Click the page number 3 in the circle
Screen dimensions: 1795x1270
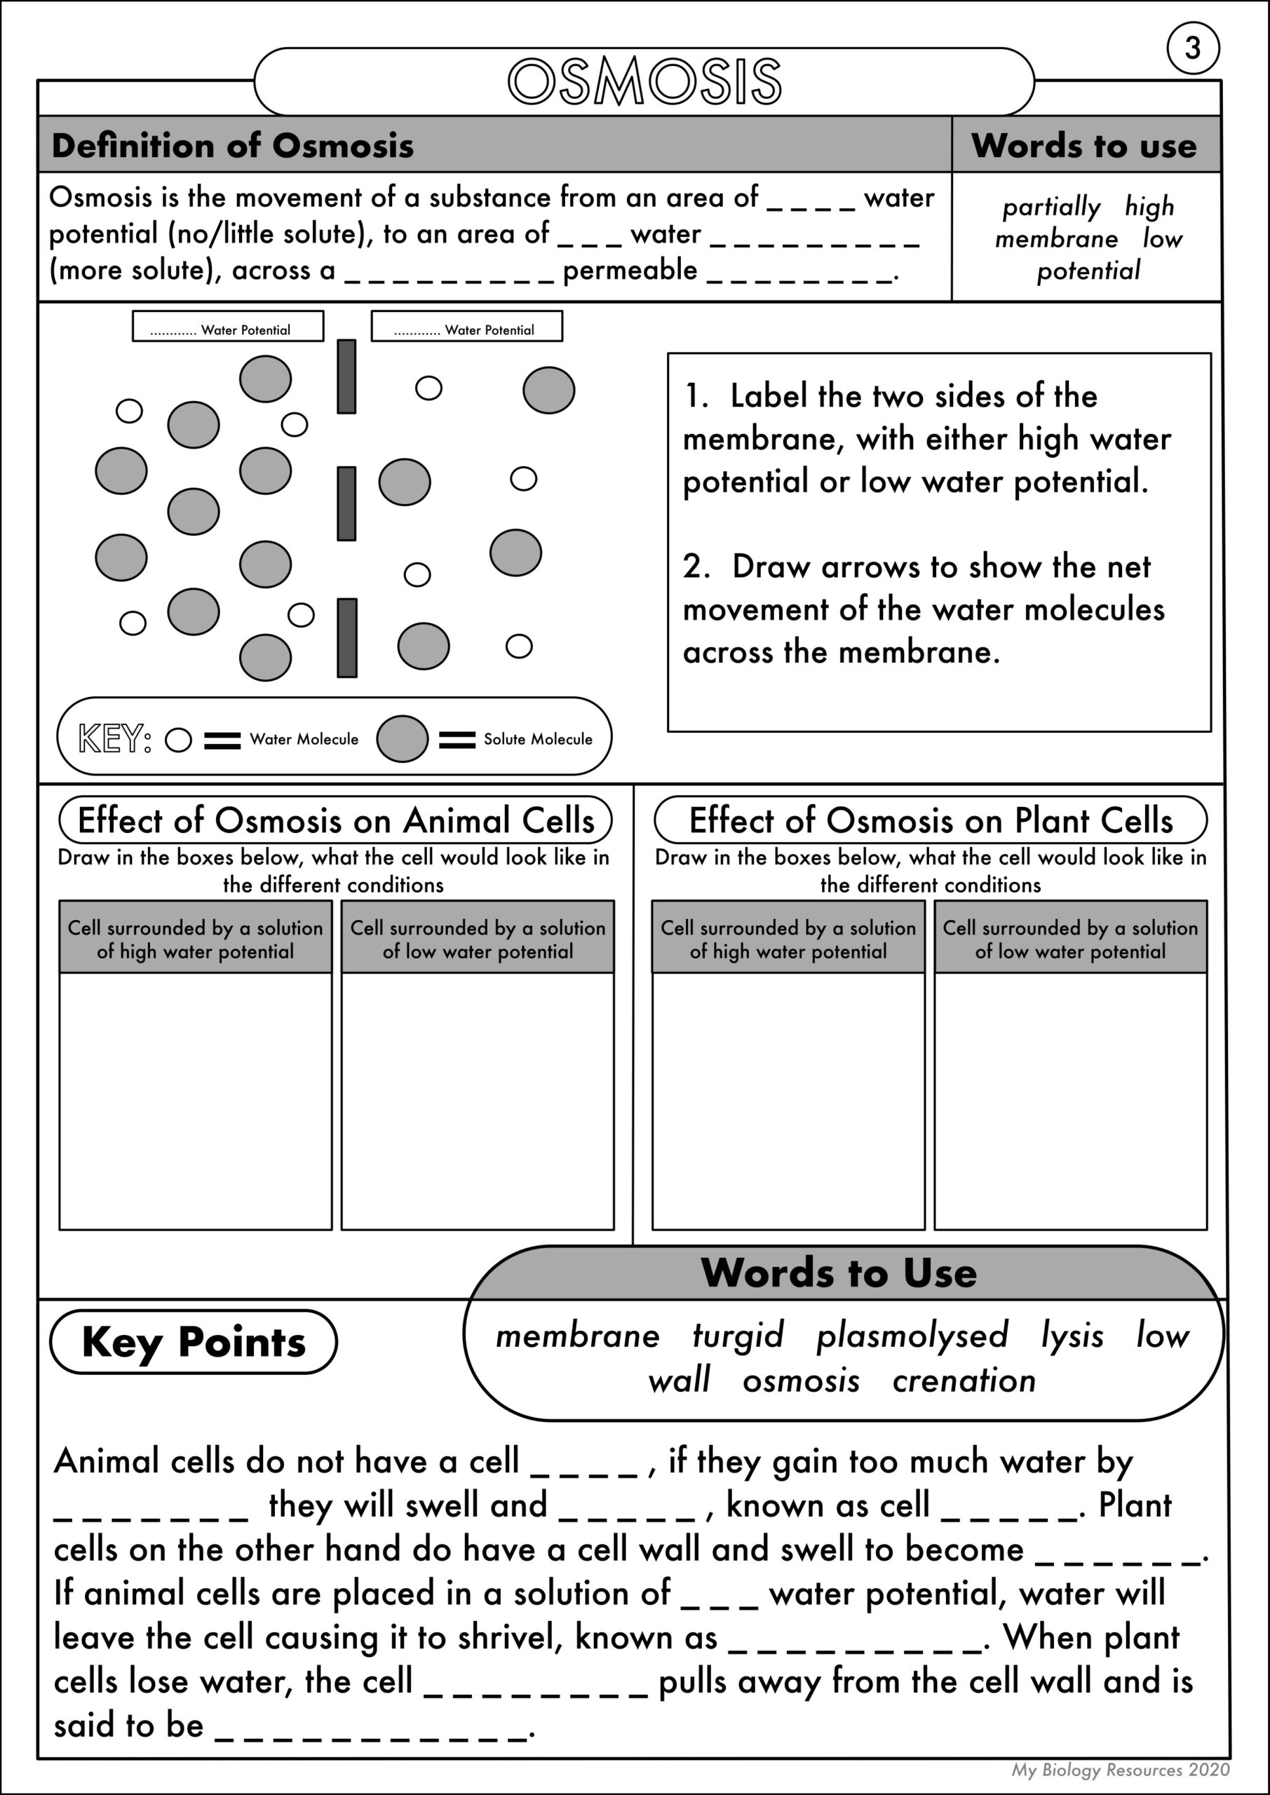(1193, 48)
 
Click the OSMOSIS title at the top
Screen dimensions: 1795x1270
(644, 81)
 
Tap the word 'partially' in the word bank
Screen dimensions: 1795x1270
(1051, 207)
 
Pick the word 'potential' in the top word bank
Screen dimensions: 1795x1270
(1088, 271)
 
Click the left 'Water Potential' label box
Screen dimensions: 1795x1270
(228, 327)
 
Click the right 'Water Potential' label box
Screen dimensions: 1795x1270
(467, 327)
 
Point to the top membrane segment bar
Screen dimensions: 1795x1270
(346, 376)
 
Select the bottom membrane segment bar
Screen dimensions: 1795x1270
(346, 638)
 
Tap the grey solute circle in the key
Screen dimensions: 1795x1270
(402, 739)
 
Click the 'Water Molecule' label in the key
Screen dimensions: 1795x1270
(304, 740)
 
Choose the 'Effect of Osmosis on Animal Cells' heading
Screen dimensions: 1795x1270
(335, 820)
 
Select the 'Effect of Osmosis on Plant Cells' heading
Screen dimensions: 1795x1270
(931, 820)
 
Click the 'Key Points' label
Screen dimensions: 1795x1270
(193, 1341)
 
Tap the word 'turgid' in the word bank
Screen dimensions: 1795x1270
(738, 1335)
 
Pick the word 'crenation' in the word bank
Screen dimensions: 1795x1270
(964, 1381)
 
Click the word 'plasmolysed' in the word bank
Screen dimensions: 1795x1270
(912, 1335)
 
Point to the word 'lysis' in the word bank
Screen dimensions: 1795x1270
(1072, 1335)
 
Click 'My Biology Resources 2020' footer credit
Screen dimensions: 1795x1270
(1120, 1769)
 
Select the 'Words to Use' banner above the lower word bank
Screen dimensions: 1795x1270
(838, 1273)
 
